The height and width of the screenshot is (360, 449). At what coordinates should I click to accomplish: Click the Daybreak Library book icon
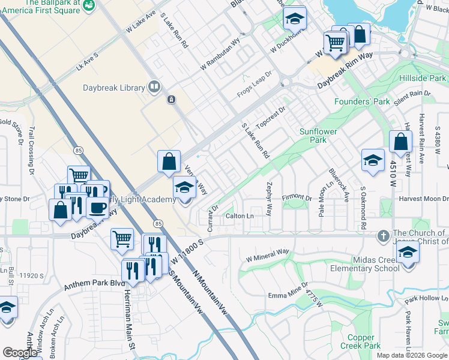pos(154,88)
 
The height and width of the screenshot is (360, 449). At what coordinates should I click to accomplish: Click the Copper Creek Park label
pos(363,341)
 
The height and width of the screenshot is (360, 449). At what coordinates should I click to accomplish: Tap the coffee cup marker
pos(97,208)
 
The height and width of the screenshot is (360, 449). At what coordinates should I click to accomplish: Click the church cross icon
pos(383,236)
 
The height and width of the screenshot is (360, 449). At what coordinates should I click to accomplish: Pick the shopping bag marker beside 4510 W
pos(400,142)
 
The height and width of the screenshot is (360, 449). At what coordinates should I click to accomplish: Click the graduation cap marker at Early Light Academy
pos(185,187)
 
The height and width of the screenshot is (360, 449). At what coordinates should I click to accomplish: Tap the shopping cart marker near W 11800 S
pos(122,238)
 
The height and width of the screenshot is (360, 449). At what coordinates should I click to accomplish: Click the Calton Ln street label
pos(240,216)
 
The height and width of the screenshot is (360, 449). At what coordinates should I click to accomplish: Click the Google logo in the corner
pos(20,352)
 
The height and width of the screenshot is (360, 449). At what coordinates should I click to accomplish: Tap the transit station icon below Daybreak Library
pos(171,99)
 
